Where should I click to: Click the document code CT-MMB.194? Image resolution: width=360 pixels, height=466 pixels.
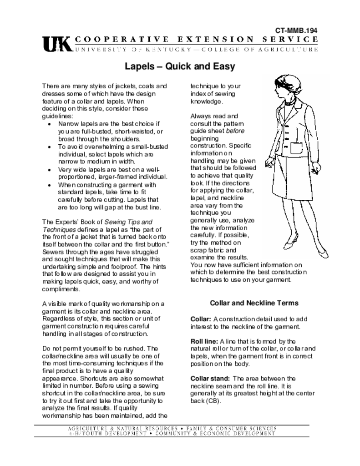(x=296, y=30)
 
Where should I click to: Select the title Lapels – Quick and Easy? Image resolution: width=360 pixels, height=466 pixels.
(x=180, y=66)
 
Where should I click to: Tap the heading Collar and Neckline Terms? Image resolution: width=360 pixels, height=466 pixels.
(x=254, y=303)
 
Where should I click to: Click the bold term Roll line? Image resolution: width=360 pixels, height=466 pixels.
(x=204, y=341)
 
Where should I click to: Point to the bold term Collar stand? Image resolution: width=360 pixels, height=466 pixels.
(x=211, y=378)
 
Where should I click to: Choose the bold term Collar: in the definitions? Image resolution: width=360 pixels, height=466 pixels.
(x=200, y=319)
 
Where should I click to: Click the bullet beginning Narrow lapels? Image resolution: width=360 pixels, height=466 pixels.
(x=50, y=124)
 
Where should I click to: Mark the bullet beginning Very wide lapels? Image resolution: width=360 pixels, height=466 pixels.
(x=50, y=170)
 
